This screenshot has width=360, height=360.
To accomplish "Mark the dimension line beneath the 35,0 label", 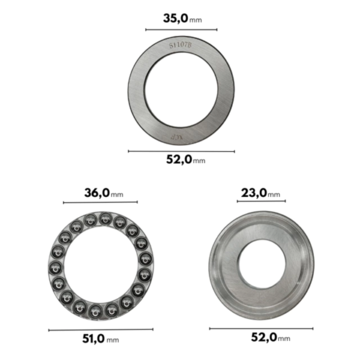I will point(181,29).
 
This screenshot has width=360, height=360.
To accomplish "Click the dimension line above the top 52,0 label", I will point(181,151).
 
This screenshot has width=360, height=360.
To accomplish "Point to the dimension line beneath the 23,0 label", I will point(261,202).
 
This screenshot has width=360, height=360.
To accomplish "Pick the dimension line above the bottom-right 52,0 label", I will point(261,328).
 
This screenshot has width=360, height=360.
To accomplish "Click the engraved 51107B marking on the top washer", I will point(181,44).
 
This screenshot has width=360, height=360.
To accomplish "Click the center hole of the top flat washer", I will point(181,90).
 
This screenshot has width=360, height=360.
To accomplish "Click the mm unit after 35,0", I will point(196,20).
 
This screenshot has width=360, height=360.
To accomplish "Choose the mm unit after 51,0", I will point(112,340).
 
